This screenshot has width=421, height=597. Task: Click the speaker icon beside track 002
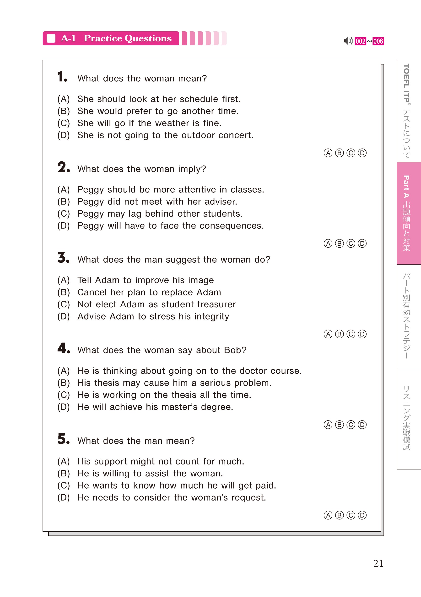pyautogui.click(x=348, y=41)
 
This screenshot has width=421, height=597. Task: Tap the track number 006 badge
pyautogui.click(x=378, y=41)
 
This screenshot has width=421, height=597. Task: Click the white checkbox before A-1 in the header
pyautogui.click(x=51, y=38)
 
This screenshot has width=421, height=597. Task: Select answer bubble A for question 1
pyautogui.click(x=328, y=153)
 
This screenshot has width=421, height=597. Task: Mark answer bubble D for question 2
pyautogui.click(x=362, y=243)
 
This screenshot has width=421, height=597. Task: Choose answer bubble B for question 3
pyautogui.click(x=339, y=334)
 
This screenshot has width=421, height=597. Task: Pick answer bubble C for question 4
pyautogui.click(x=351, y=425)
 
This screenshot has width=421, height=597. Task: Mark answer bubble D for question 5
pyautogui.click(x=362, y=515)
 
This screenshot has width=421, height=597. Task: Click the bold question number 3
pyautogui.click(x=63, y=258)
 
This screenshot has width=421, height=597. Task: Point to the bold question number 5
pyautogui.click(x=63, y=439)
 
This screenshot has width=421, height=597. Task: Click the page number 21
pyautogui.click(x=378, y=563)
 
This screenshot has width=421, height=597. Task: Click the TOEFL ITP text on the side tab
pyautogui.click(x=406, y=83)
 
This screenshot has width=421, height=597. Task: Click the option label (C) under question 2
pyautogui.click(x=64, y=214)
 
